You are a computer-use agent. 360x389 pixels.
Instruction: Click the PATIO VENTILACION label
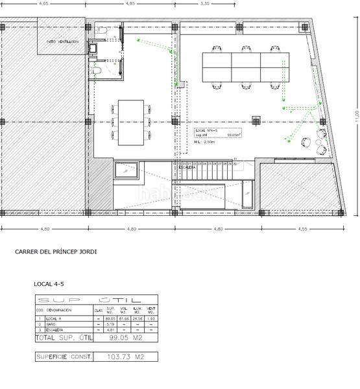click(62, 41)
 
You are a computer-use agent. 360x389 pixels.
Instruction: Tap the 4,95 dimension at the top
click(130, 4)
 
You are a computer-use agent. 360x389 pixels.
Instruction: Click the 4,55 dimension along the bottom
click(302, 229)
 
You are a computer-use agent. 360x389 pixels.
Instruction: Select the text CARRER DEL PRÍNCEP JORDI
click(56, 252)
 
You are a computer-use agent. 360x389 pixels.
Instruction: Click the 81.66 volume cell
click(123, 319)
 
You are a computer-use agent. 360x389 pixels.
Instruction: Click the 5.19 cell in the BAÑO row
click(110, 324)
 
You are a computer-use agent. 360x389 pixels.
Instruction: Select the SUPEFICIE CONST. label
click(64, 357)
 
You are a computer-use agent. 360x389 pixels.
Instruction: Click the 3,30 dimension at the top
click(206, 4)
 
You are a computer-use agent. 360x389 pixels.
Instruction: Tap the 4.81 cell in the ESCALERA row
click(110, 330)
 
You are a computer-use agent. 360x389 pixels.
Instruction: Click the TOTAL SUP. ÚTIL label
click(64, 338)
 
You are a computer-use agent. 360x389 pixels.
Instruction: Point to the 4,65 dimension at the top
click(43, 4)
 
